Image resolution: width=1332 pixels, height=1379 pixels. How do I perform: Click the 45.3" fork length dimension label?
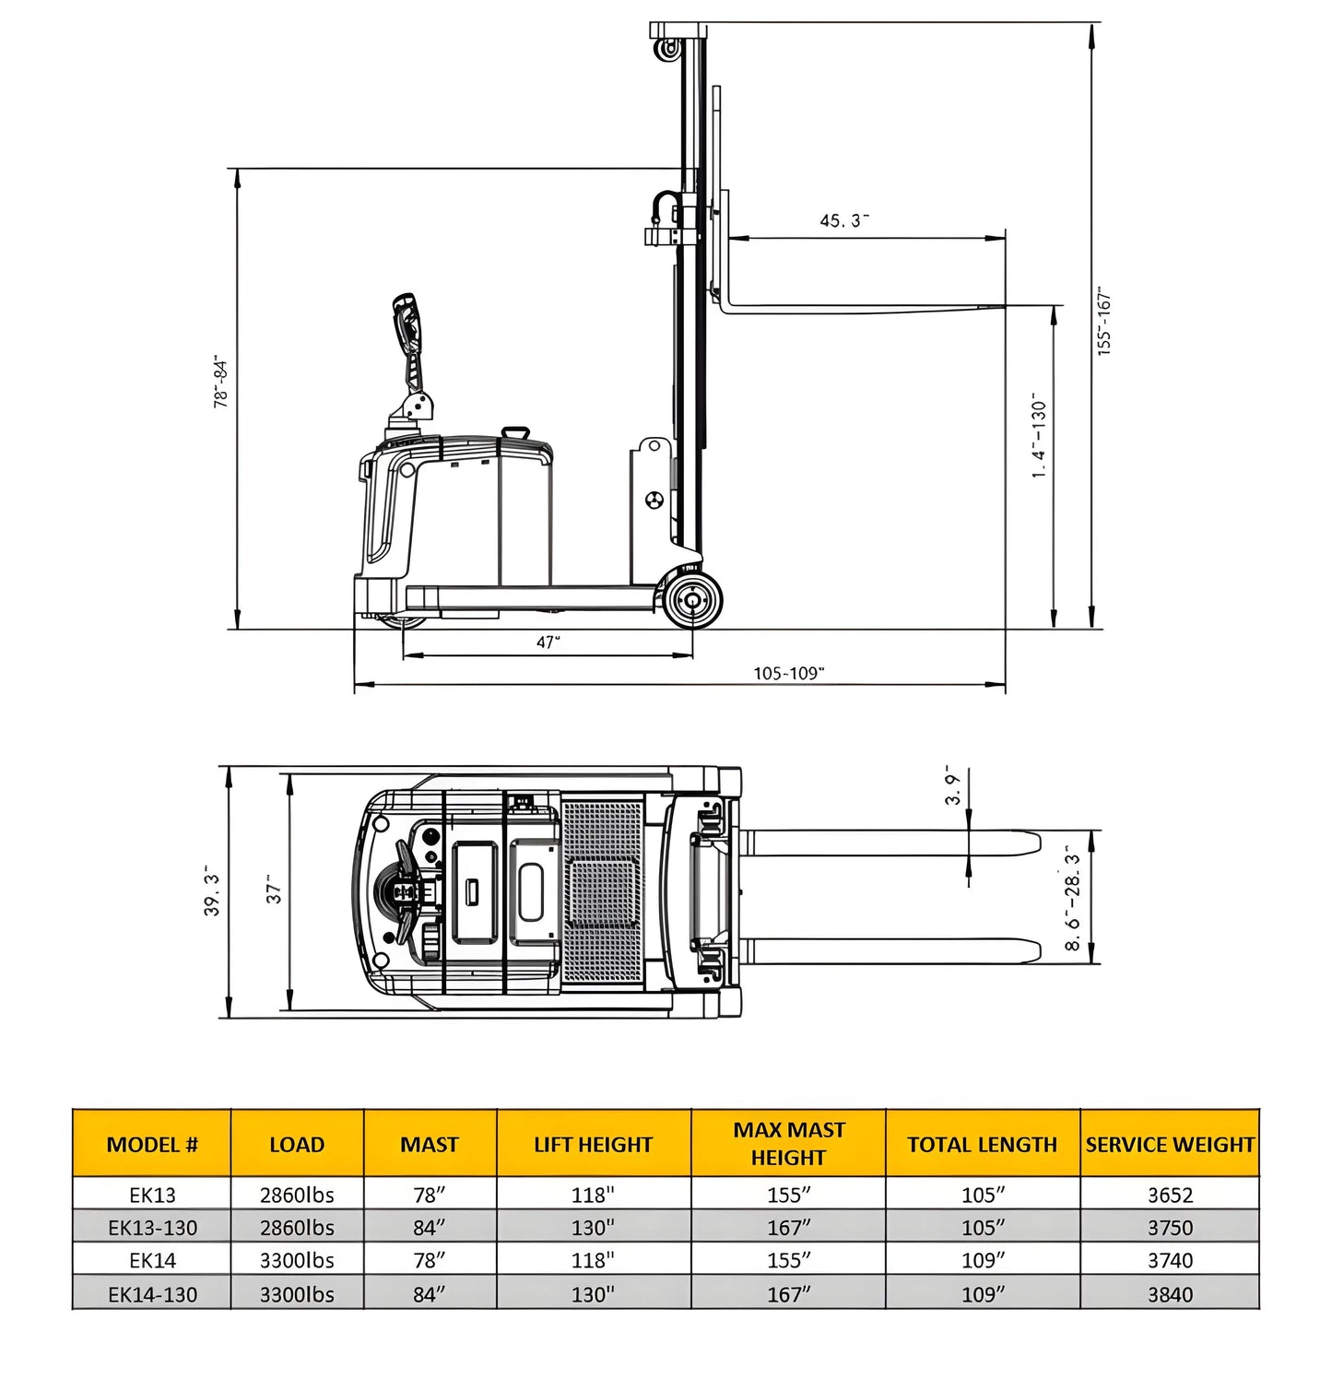844,220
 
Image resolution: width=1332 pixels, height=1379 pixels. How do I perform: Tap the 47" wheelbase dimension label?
548,642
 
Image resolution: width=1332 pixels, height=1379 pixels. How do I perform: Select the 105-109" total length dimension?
788,673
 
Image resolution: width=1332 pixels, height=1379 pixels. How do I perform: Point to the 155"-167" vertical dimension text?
1105,321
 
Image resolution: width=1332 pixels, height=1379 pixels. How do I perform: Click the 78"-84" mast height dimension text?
221,382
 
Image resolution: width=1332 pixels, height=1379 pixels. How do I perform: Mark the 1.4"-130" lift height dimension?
1040,435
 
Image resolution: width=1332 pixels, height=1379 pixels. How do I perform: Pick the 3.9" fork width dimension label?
954,785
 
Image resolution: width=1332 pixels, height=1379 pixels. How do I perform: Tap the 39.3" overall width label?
212,891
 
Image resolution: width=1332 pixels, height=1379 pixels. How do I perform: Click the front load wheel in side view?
691,600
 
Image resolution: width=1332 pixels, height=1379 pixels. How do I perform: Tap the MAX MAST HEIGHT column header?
788,1143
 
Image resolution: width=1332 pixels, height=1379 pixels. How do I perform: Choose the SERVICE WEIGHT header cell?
1169,1144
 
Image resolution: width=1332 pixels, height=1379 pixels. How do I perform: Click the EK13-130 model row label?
152,1228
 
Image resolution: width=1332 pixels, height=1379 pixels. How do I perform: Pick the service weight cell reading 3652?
1170,1195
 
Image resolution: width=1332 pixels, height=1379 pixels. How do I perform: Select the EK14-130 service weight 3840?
1170,1294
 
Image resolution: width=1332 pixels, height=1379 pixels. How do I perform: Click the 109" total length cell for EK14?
982,1260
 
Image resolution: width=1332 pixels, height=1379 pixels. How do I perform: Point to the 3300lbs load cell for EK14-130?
297,1294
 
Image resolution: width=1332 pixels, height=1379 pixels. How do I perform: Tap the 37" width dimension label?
275,890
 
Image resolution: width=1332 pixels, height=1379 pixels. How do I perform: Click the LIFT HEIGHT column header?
593,1144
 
